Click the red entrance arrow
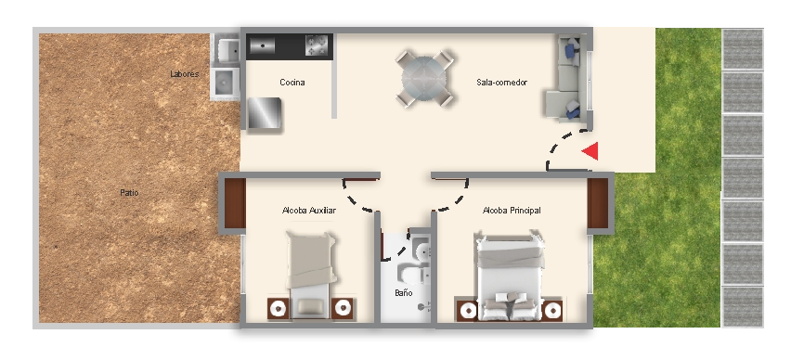[591, 150]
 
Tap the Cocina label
[292, 83]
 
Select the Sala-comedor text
[501, 83]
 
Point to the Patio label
[129, 193]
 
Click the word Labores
[184, 74]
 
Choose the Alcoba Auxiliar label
[309, 211]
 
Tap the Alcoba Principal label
[512, 211]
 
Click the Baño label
[404, 292]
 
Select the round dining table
[424, 79]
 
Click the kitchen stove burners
[317, 45]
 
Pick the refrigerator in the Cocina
[265, 112]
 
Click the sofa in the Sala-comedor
[567, 79]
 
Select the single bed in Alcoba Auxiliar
[311, 274]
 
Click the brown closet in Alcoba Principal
[598, 203]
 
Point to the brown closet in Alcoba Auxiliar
[235, 203]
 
